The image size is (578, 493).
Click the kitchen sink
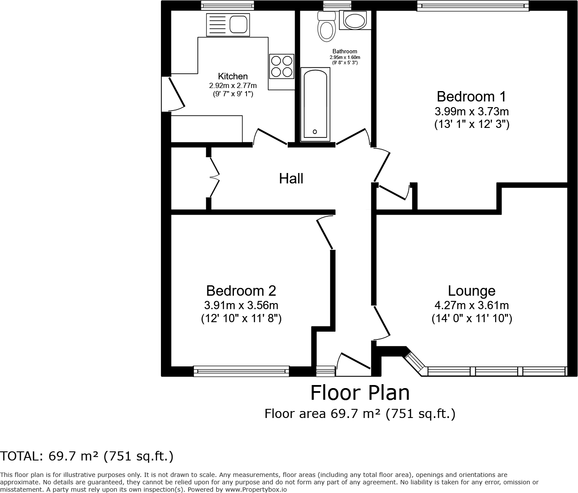click(228, 24)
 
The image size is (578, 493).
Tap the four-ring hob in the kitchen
click(281, 66)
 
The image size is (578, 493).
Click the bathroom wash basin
click(355, 20)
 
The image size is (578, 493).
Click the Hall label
click(291, 178)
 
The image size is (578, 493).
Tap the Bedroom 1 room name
click(471, 96)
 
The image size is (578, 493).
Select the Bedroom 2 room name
click(241, 291)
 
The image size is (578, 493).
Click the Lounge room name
click(471, 291)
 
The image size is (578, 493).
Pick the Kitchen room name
click(233, 76)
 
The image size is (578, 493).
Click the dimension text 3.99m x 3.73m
click(471, 111)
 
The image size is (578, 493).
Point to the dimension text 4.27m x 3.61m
click(471, 305)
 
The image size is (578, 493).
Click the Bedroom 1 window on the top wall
click(473, 5)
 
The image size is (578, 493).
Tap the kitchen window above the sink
click(227, 5)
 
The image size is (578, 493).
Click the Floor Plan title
click(360, 393)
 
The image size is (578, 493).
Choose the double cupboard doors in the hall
click(214, 178)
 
